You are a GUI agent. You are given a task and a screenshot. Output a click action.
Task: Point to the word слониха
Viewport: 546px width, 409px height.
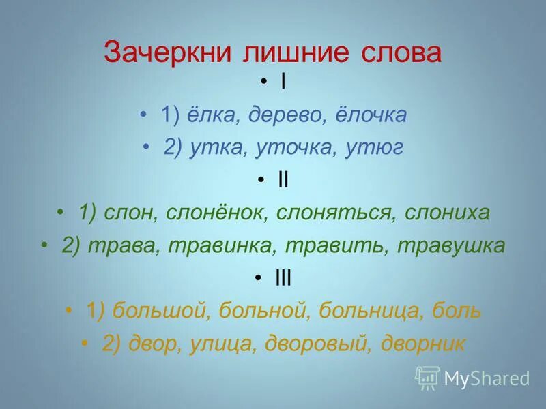pos(448,213)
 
